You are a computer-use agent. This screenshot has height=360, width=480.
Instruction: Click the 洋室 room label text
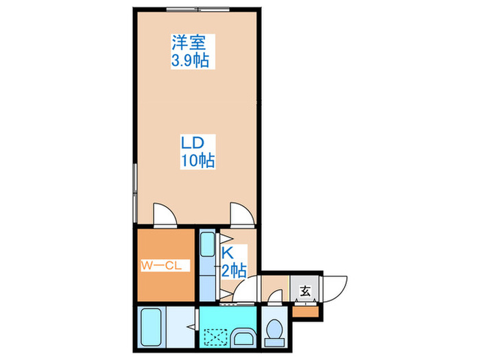(190, 43)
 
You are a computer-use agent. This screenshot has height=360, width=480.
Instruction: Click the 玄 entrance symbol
(305, 291)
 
